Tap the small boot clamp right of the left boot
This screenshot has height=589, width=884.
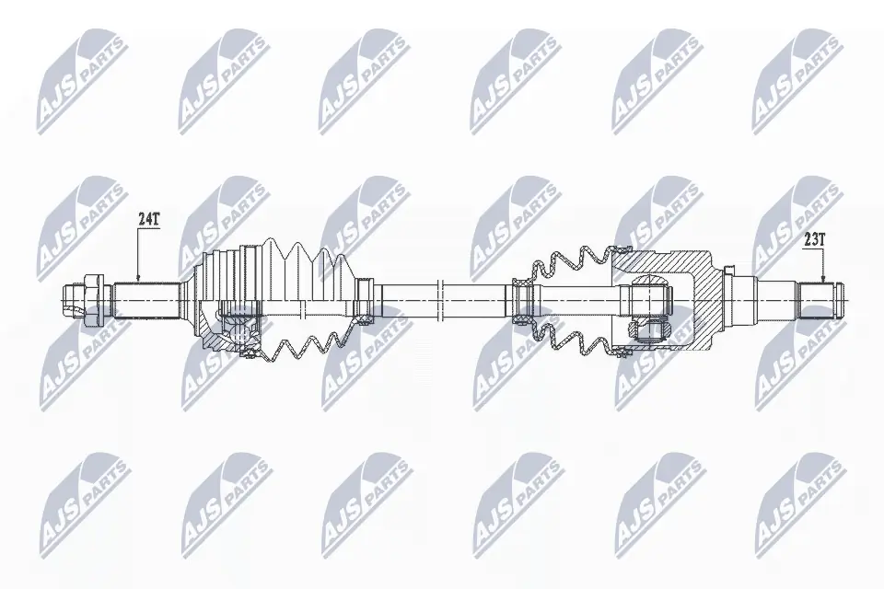[x=365, y=301]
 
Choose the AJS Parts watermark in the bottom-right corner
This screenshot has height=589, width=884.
[x=796, y=502]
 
